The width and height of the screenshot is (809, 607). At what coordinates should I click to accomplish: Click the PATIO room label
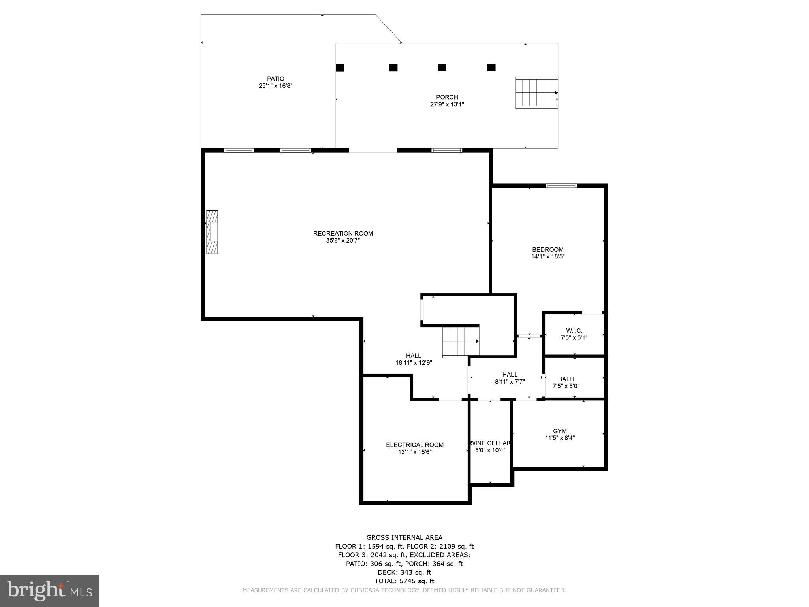pyautogui.click(x=275, y=79)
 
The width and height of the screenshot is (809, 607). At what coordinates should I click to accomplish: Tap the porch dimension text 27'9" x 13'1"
pyautogui.click(x=447, y=104)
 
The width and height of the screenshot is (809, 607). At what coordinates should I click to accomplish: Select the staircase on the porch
pyautogui.click(x=536, y=92)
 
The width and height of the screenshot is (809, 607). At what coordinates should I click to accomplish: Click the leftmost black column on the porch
pyautogui.click(x=340, y=68)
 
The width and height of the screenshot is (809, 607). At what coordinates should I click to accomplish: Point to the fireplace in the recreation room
pyautogui.click(x=212, y=232)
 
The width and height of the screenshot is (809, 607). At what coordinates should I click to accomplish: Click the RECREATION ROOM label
pyautogui.click(x=343, y=233)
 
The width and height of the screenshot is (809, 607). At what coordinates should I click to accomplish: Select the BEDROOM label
pyautogui.click(x=547, y=249)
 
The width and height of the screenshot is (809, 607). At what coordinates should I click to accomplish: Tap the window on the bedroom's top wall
pyautogui.click(x=561, y=185)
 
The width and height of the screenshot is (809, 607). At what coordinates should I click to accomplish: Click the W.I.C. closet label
pyautogui.click(x=574, y=330)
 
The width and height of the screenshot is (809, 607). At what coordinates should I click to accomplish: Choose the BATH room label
pyautogui.click(x=566, y=379)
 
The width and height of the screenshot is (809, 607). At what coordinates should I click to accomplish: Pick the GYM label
pyautogui.click(x=560, y=431)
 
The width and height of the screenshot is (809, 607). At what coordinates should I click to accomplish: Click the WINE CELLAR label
pyautogui.click(x=490, y=443)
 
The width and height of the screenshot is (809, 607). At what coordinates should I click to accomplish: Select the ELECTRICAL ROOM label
pyautogui.click(x=415, y=445)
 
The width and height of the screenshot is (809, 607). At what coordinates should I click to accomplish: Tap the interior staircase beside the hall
pyautogui.click(x=461, y=341)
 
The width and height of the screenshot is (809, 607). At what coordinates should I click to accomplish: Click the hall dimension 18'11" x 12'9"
pyautogui.click(x=414, y=363)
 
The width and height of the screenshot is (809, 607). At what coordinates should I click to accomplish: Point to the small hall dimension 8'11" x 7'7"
pyautogui.click(x=510, y=382)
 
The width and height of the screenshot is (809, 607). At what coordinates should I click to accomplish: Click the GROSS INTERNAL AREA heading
pyautogui.click(x=404, y=537)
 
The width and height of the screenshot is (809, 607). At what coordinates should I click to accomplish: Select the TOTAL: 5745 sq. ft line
pyautogui.click(x=404, y=581)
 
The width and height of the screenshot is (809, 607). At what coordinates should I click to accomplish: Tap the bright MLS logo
pyautogui.click(x=49, y=590)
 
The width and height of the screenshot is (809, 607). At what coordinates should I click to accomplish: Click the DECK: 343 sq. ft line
pyautogui.click(x=404, y=572)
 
